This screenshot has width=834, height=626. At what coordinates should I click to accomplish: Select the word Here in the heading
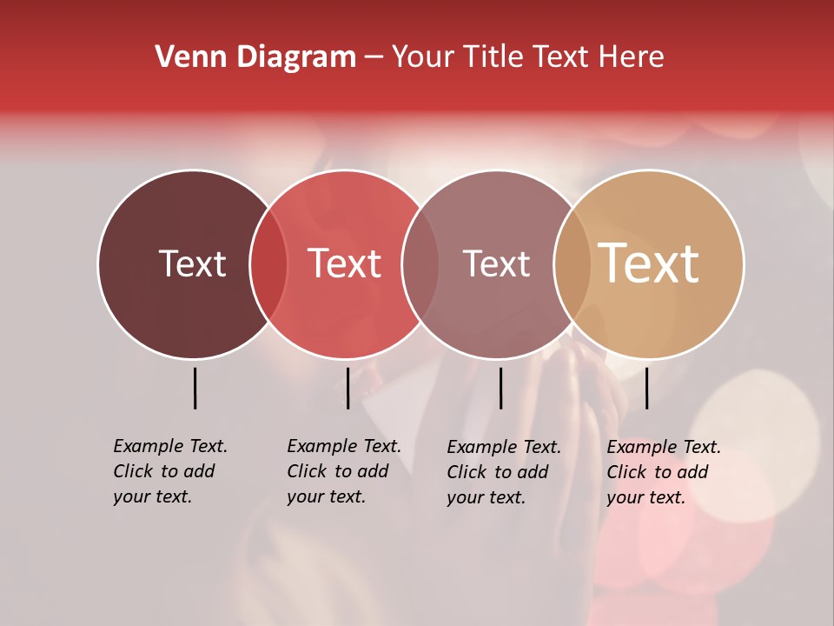(632, 57)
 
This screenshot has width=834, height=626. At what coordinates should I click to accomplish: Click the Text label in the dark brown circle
(192, 263)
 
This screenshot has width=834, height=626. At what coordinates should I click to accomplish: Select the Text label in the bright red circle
(345, 263)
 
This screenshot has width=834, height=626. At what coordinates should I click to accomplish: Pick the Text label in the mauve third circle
(496, 263)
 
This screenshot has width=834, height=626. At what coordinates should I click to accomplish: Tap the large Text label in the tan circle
(649, 263)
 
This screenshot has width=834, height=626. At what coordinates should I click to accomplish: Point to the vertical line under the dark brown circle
(195, 388)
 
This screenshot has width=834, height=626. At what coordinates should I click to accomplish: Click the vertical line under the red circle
(347, 388)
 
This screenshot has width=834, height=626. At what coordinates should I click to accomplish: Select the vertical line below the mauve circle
(500, 388)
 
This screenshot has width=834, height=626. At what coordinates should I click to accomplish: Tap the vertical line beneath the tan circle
(646, 388)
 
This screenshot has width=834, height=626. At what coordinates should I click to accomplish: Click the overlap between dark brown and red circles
(268, 263)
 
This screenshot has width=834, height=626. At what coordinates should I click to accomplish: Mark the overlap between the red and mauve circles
(420, 263)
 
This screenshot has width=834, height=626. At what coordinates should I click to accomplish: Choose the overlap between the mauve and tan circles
(573, 263)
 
